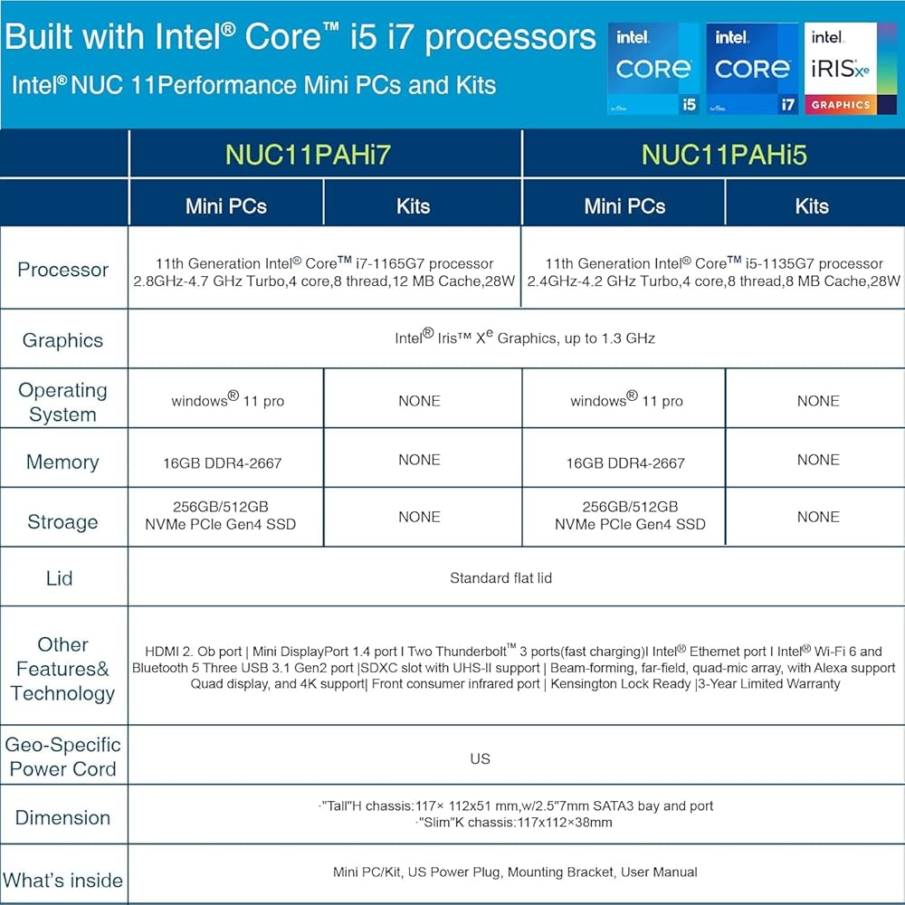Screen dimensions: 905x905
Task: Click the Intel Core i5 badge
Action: (654, 69)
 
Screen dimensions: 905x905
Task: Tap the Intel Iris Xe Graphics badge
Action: (851, 69)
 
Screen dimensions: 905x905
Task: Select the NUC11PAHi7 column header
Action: (309, 155)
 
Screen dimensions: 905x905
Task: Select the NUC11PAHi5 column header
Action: (724, 155)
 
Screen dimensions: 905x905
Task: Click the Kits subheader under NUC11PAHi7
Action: (414, 206)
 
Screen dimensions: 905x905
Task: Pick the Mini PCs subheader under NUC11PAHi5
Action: (624, 206)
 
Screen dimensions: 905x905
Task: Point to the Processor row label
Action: (63, 270)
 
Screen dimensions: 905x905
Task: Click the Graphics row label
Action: (63, 340)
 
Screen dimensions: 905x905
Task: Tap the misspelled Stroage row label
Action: (63, 522)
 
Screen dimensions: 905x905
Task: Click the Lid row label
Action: (60, 577)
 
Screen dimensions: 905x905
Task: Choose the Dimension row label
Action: (63, 817)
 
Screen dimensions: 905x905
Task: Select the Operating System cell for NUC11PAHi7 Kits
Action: (420, 401)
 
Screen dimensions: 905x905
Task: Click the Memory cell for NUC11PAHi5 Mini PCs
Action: (625, 462)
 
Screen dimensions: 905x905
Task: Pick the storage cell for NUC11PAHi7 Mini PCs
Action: (221, 516)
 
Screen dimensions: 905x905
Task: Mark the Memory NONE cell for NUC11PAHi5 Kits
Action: (818, 460)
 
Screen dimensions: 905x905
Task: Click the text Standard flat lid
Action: (501, 577)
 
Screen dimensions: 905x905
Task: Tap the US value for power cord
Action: (481, 758)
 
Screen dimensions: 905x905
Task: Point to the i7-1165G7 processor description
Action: (324, 271)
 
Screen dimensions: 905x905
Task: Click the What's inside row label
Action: (63, 881)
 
